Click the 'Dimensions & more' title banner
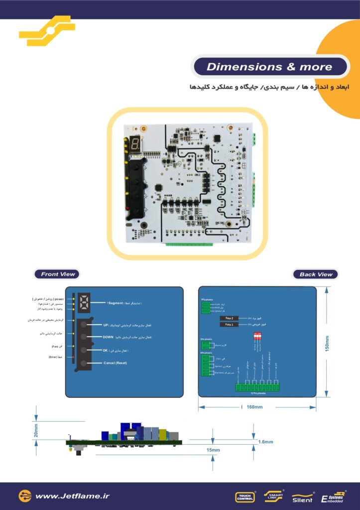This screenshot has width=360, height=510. point(269,67)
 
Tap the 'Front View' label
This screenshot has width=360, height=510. point(58,274)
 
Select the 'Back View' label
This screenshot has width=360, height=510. point(315,274)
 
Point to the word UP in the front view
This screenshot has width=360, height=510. point(106,325)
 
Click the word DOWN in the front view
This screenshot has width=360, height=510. point(109,337)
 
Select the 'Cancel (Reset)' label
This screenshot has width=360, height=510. point(115,363)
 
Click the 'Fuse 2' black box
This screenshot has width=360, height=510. point(230,318)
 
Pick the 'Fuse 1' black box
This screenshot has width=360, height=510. point(230,325)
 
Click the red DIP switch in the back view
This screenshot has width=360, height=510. point(258,337)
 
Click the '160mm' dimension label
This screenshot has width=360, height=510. point(254,407)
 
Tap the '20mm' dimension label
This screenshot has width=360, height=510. point(36,430)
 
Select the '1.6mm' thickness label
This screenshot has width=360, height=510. point(265,442)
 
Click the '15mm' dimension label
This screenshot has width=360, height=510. point(213,450)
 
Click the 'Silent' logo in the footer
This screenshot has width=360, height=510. point(302,499)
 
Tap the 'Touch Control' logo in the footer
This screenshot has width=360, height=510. point(244,497)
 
